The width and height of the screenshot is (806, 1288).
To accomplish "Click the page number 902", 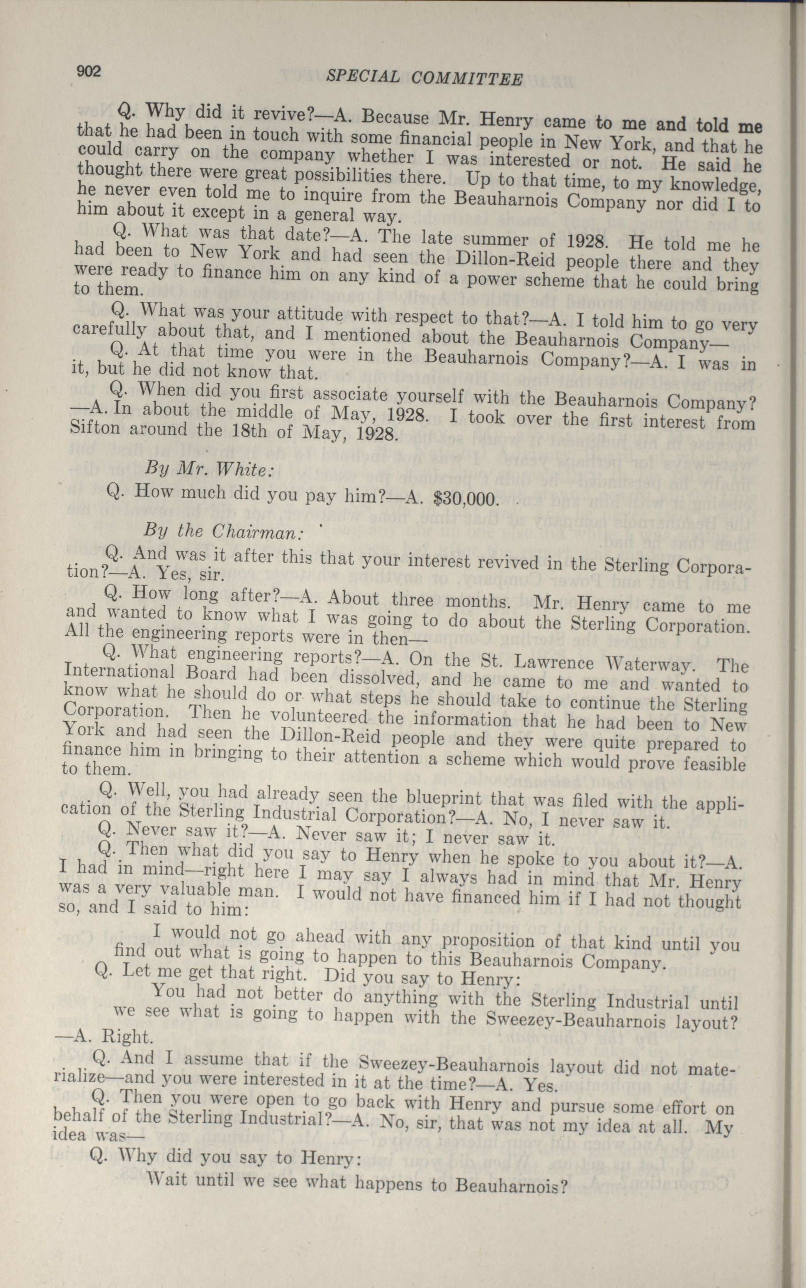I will point(89,71).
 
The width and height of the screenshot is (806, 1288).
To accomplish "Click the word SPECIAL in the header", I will point(363,77).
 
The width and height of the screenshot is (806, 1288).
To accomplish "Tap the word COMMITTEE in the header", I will point(467,79).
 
